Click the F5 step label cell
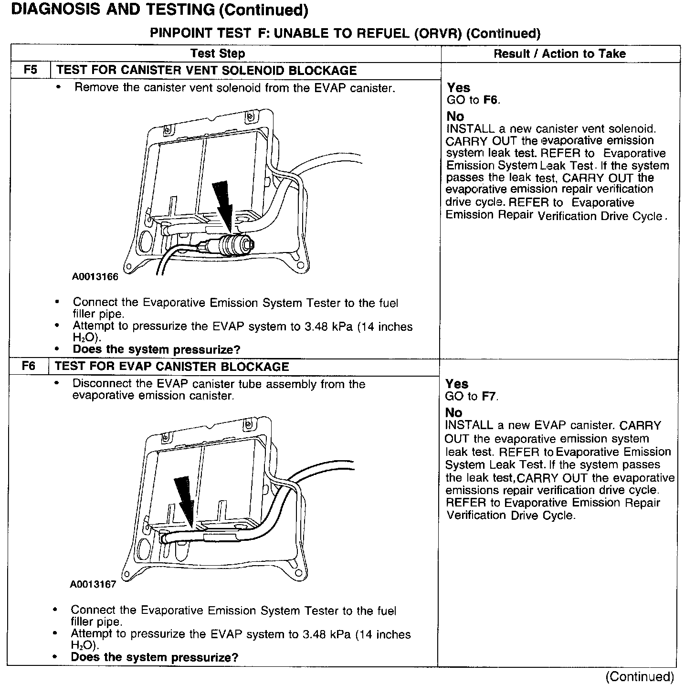click(x=30, y=70)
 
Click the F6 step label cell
click(x=29, y=366)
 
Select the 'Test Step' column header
click(x=218, y=53)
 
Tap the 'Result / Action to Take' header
click(x=559, y=53)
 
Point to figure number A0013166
click(x=95, y=276)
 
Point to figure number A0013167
click(x=93, y=584)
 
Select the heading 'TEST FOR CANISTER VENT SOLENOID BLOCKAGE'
click(x=206, y=71)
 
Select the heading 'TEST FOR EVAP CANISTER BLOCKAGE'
click(x=172, y=367)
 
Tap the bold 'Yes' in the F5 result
click(x=458, y=88)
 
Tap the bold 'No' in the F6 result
click(x=453, y=412)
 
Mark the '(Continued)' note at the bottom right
click(x=640, y=677)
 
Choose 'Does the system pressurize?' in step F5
click(x=157, y=349)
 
